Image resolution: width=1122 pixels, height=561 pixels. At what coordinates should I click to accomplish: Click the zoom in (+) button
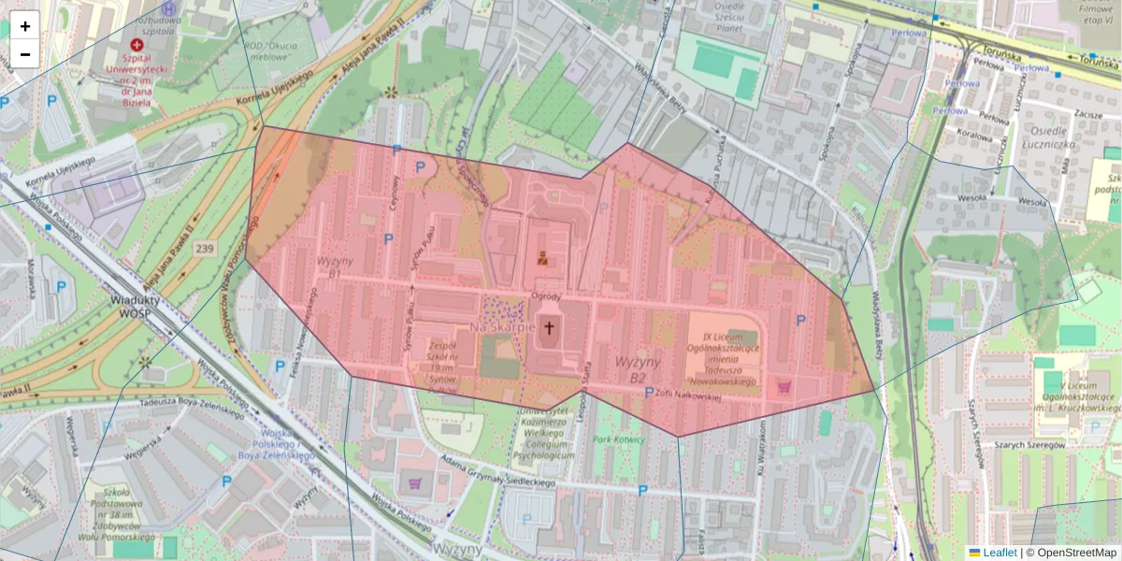point(25,25)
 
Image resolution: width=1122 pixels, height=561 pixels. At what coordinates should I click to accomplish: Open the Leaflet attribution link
point(999,553)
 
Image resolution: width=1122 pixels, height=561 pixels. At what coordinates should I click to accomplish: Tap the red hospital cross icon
point(138,44)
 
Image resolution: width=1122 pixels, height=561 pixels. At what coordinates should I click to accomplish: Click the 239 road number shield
point(206,249)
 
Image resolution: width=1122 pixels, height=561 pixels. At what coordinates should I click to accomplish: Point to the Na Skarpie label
point(502,327)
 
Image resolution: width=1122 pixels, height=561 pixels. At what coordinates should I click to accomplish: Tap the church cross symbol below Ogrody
point(548,328)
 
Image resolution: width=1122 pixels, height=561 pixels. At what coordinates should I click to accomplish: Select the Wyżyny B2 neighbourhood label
point(639,369)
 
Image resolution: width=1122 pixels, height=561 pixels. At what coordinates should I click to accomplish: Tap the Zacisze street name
point(1085,112)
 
